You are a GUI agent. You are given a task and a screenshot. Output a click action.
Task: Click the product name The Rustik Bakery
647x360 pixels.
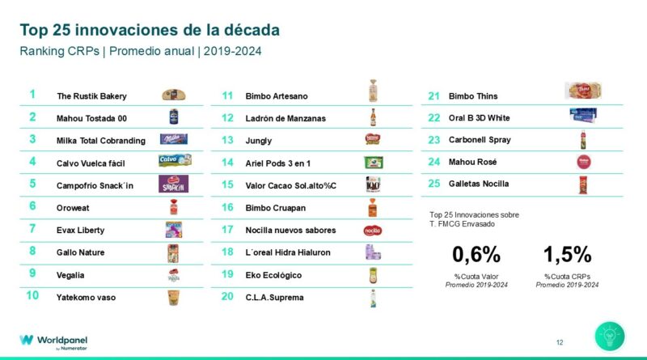point(91,96)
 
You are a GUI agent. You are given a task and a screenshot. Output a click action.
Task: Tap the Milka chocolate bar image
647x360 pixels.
point(174,139)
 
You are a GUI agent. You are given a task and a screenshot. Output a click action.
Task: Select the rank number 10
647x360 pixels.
point(32,296)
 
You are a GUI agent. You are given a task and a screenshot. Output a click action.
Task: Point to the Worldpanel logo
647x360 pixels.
point(54,341)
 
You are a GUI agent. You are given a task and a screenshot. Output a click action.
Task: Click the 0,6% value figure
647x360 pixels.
point(476,255)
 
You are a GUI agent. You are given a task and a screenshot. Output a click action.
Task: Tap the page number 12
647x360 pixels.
point(560,342)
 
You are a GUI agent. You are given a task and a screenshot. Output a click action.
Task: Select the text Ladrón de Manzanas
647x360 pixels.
point(285,118)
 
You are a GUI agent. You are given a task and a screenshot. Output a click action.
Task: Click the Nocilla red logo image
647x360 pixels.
point(373,230)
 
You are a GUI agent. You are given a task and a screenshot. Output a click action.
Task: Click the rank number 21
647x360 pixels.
point(433,95)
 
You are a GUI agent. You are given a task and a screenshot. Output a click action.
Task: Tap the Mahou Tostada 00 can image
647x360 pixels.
point(173,117)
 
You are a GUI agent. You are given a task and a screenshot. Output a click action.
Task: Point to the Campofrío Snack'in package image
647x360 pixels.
point(174,184)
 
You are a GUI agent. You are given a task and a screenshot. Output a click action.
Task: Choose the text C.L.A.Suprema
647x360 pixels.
point(275,297)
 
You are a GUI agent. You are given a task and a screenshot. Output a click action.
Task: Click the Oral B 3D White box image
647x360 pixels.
point(582,116)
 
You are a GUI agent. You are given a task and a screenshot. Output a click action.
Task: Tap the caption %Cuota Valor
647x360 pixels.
point(476,277)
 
